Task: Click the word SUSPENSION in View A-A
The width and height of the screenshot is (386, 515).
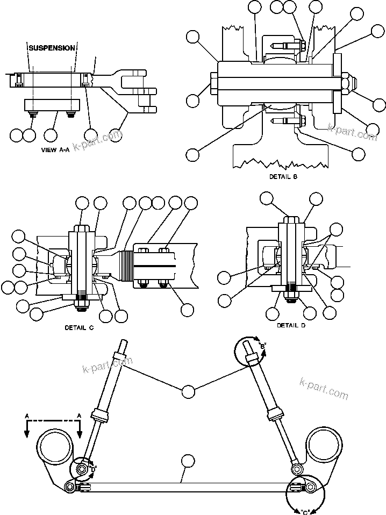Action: (x=52, y=48)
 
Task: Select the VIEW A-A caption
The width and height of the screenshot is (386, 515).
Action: (x=55, y=151)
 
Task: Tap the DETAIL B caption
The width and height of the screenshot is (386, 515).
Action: (x=283, y=176)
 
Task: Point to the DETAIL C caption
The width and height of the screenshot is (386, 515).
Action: (x=79, y=327)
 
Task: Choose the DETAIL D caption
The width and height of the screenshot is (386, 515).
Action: (x=292, y=325)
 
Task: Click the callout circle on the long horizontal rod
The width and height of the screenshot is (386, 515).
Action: (x=188, y=461)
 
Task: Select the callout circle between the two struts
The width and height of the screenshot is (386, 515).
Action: (x=188, y=391)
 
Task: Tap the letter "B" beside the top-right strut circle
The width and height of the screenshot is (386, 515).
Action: (x=263, y=347)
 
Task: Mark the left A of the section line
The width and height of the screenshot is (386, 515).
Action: (x=26, y=416)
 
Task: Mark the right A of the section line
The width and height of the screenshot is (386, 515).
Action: (x=80, y=416)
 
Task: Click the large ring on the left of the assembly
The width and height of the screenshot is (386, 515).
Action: (x=55, y=445)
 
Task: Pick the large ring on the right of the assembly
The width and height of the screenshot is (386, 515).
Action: (x=324, y=445)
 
